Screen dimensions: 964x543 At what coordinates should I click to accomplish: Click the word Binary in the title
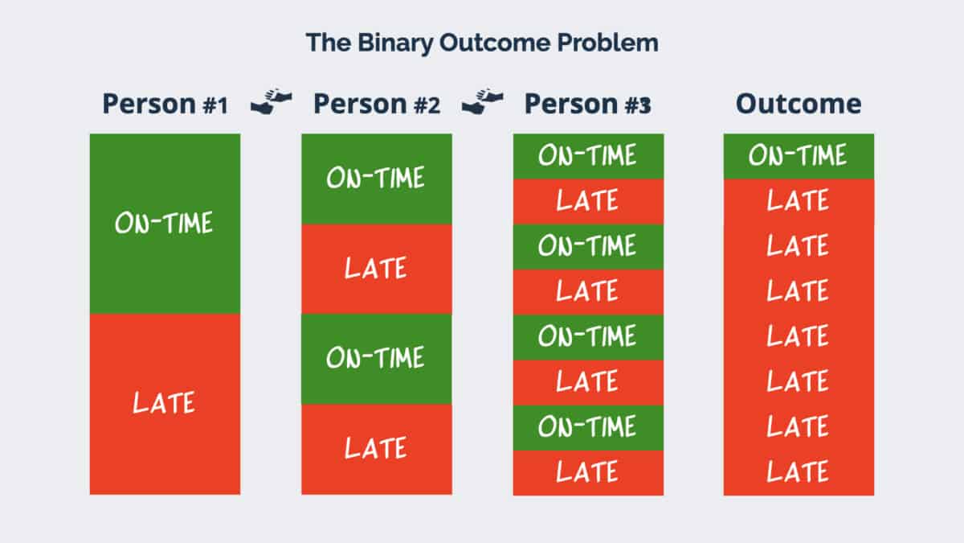point(395,43)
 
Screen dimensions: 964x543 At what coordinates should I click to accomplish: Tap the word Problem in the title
point(607,42)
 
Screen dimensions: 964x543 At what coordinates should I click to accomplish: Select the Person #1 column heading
point(165,105)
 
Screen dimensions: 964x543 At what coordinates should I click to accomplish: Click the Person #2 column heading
point(377,105)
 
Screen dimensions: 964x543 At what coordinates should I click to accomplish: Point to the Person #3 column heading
point(588,105)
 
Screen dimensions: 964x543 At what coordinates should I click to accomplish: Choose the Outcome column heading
point(799,104)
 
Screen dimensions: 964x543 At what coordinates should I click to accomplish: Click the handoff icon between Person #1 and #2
point(272,101)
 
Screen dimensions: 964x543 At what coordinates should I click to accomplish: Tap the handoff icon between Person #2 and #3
point(483,101)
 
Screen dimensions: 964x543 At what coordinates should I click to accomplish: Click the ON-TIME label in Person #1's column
point(164,223)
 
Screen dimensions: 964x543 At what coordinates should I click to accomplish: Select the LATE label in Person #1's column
point(164,403)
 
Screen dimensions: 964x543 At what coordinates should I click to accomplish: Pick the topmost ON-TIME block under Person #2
point(377,179)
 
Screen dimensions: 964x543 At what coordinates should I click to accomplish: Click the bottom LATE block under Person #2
point(377,450)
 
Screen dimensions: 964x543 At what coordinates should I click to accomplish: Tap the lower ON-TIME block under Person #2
point(377,359)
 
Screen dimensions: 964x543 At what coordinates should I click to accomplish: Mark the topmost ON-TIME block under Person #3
point(588,156)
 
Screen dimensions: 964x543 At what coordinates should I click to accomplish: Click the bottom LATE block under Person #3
point(588,473)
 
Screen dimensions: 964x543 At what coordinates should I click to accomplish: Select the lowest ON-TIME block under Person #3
point(588,428)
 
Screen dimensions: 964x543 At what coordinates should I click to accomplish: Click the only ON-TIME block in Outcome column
point(799,156)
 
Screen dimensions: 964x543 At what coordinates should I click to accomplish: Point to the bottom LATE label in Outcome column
point(798,471)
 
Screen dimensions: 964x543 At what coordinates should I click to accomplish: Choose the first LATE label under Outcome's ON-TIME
point(798,200)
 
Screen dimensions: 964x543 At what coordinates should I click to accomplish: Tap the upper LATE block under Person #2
point(377,269)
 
